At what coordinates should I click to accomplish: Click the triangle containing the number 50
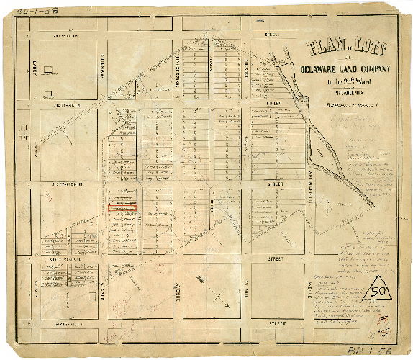click(x=379, y=292)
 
